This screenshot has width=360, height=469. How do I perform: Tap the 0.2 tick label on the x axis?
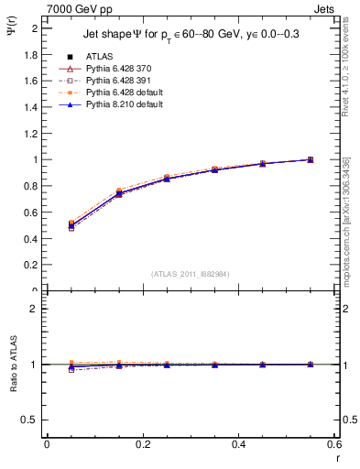(143, 444)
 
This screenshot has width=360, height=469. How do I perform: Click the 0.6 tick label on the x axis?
(333, 444)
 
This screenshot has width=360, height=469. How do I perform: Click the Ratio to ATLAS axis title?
(13, 365)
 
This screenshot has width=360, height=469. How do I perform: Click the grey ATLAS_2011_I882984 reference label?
(190, 274)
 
